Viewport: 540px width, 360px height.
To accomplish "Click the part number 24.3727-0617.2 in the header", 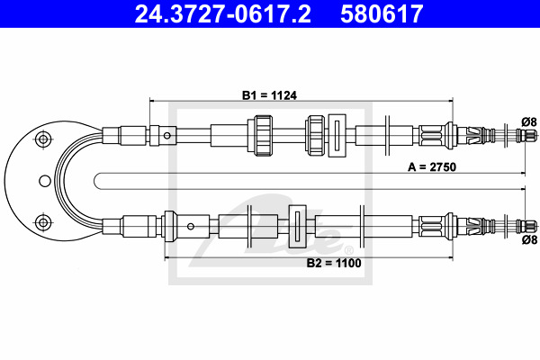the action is tap(223, 14).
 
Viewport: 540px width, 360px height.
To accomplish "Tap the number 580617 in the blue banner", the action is tap(382, 14).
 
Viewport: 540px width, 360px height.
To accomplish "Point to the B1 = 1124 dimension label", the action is tap(269, 95).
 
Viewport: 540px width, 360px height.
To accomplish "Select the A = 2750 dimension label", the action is tap(432, 167).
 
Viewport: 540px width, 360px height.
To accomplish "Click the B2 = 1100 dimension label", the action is tap(334, 263).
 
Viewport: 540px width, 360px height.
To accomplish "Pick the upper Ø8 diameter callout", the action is tap(529, 122).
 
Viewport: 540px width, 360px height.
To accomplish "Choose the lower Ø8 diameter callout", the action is tap(529, 239).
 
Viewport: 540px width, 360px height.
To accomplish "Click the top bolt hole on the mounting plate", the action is tap(43, 139).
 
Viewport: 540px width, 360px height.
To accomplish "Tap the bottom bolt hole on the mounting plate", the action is tap(43, 222).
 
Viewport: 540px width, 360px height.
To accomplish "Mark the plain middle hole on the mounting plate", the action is tap(45, 181).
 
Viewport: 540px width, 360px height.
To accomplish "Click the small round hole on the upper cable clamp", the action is tap(167, 135).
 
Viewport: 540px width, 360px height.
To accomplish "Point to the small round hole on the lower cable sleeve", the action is tap(191, 226).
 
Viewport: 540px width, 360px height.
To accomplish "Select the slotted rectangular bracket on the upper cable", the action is tap(337, 135).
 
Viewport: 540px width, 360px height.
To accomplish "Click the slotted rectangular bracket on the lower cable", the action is tap(297, 226).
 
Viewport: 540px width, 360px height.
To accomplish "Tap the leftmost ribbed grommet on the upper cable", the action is tap(260, 135).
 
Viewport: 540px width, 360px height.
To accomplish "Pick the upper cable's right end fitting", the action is tap(526, 134).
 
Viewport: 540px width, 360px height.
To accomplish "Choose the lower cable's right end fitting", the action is tap(526, 226).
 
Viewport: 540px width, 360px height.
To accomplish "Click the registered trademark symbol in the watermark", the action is tap(348, 249).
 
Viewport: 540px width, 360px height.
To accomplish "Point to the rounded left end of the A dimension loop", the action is tap(94, 181).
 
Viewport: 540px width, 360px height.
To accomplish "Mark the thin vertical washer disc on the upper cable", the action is tap(387, 135).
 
